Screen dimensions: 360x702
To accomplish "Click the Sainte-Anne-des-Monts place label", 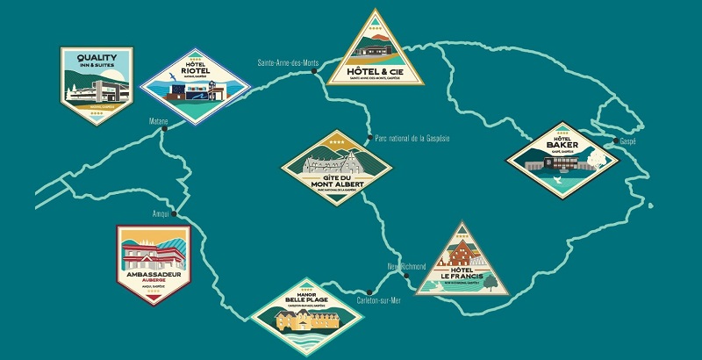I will tap(287, 63).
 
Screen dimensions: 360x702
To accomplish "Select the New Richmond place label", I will tap(406, 266).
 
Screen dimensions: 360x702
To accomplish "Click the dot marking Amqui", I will tap(174, 213).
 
